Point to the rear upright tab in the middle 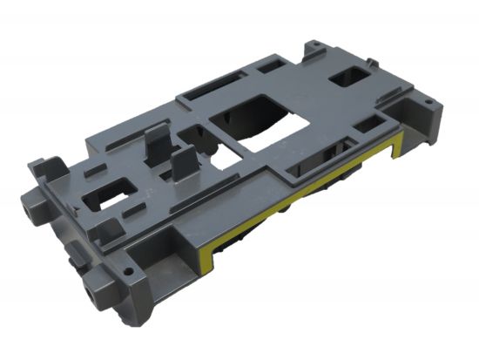157,144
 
